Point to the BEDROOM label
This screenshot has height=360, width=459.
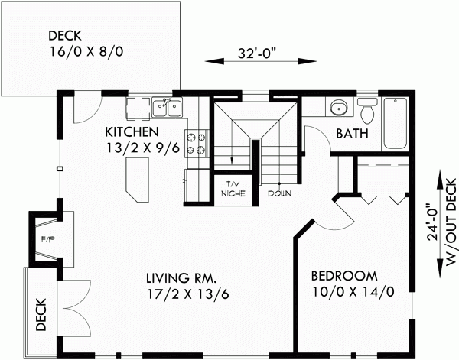(x=343, y=276)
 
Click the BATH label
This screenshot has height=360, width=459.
(x=353, y=135)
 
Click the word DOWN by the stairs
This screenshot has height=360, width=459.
(x=279, y=193)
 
